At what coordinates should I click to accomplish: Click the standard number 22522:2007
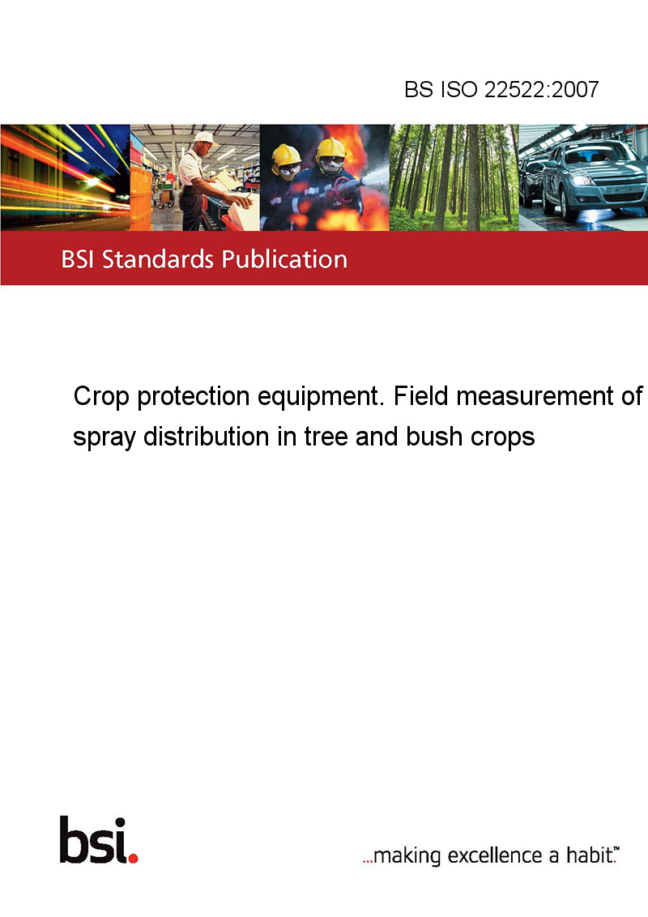click(542, 89)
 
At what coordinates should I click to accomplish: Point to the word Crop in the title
click(100, 397)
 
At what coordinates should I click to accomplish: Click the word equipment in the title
click(319, 397)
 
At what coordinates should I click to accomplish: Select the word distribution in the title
click(207, 437)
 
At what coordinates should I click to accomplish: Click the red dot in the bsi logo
click(133, 858)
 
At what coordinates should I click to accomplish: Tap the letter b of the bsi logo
click(74, 840)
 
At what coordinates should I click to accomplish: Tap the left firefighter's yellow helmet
click(286, 156)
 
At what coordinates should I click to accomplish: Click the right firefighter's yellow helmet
click(330, 148)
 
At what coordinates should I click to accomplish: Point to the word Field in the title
click(421, 396)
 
